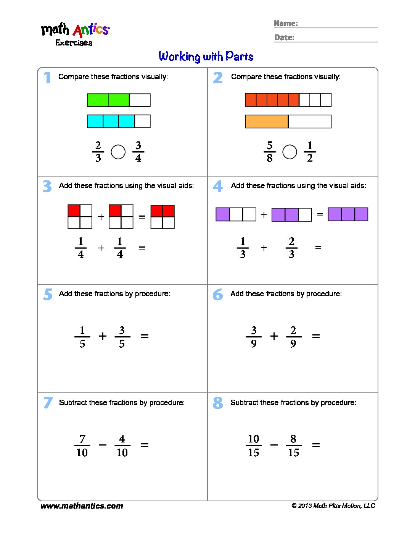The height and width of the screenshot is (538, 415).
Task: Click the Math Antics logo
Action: click(75, 34)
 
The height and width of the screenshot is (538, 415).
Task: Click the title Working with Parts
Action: click(206, 57)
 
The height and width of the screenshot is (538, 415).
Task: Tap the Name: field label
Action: click(286, 23)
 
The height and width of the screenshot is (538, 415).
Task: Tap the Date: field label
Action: click(284, 37)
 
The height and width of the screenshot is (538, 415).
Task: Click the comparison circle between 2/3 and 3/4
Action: click(118, 152)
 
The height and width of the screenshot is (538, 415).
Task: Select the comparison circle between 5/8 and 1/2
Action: click(290, 152)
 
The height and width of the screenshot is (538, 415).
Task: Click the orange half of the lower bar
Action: click(267, 122)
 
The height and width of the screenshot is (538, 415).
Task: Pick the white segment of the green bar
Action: click(140, 100)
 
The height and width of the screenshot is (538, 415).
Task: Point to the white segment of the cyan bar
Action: click(143, 121)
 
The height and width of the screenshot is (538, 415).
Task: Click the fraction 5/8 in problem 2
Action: click(270, 152)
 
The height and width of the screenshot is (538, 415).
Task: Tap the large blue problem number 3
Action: click(47, 186)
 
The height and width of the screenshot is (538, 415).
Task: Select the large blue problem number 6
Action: click(217, 295)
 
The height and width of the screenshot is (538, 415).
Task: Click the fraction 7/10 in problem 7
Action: click(82, 446)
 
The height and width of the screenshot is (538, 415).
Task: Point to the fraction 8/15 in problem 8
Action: click(293, 446)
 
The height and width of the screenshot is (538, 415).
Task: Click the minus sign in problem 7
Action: click(103, 445)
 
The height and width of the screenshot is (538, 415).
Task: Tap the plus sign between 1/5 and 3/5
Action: click(102, 336)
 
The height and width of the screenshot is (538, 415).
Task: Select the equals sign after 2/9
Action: click(316, 336)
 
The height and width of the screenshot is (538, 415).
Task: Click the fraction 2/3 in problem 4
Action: click(291, 248)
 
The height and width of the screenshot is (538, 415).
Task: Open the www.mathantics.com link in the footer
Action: click(82, 506)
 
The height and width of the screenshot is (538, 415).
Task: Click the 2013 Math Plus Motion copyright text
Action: click(333, 506)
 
